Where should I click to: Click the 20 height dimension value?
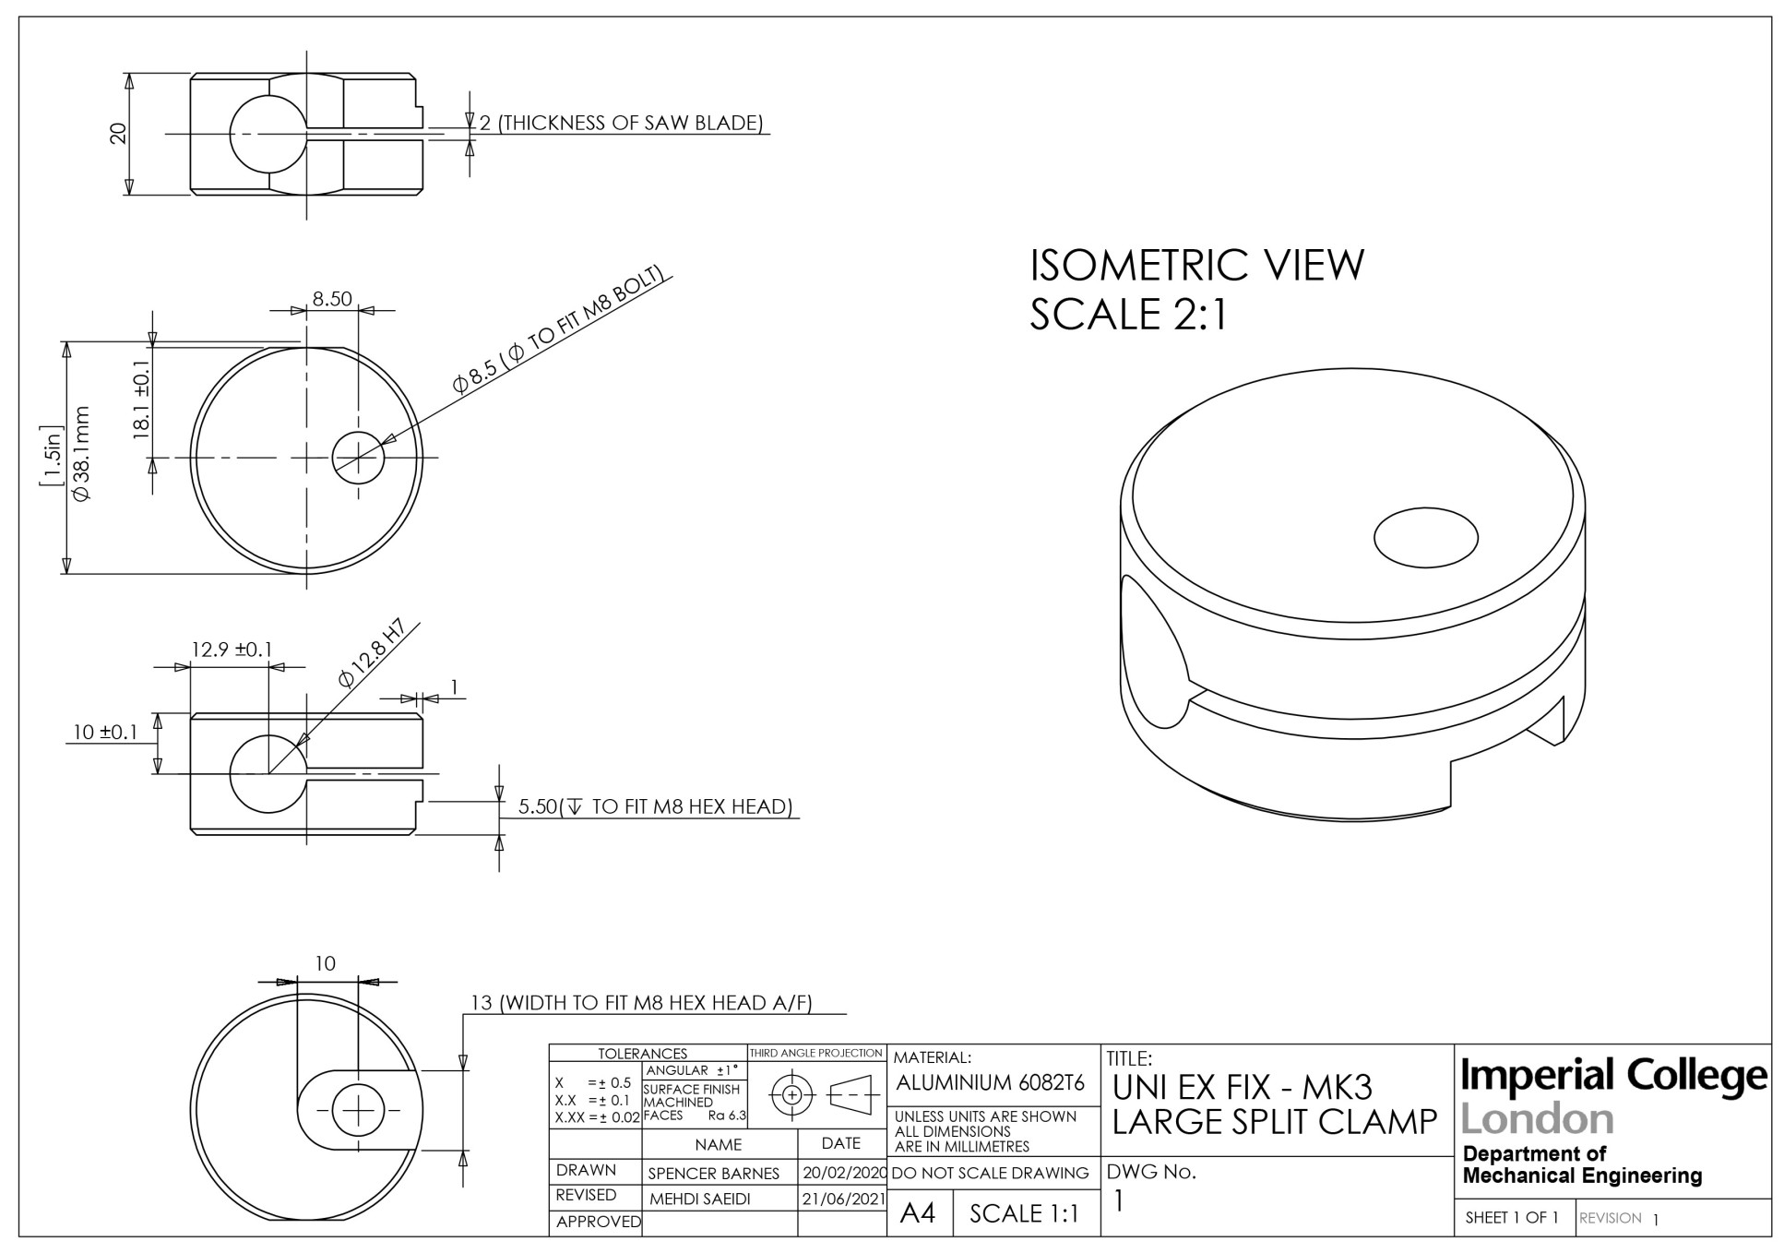[118, 134]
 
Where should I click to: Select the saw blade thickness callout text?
[621, 123]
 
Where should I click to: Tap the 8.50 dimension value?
[332, 299]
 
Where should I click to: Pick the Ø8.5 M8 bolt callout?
[558, 329]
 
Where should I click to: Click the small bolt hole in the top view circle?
[358, 457]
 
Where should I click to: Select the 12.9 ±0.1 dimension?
[232, 650]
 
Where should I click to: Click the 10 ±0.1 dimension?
[105, 733]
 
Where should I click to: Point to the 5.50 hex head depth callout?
[655, 806]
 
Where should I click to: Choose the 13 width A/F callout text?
[641, 1003]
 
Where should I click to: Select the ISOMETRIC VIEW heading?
[1195, 266]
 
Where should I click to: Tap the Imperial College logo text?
[1614, 1076]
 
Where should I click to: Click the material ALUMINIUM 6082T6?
[990, 1082]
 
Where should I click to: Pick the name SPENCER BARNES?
[713, 1174]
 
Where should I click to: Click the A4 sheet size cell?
[918, 1213]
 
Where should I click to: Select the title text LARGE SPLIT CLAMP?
[1274, 1122]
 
